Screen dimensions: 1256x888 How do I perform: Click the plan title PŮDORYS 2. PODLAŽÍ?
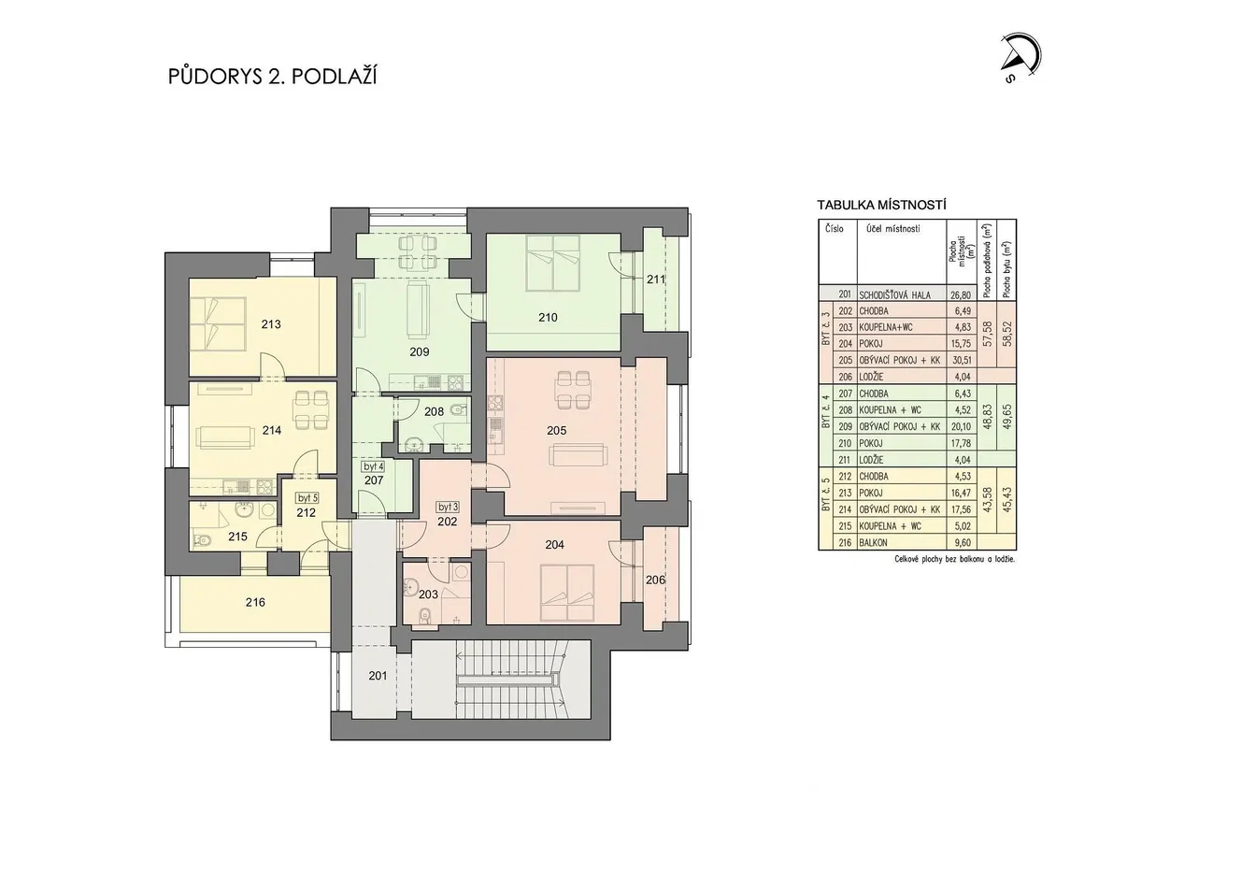tap(272, 77)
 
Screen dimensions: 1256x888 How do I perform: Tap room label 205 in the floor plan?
tap(556, 430)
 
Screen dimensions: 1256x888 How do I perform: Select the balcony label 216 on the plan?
tap(255, 603)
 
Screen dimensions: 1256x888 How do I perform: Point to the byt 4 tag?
tap(374, 466)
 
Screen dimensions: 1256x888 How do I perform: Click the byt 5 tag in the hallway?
tap(307, 497)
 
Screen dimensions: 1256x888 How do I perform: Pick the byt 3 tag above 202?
tap(448, 508)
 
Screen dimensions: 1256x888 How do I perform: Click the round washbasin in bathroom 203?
tap(410, 589)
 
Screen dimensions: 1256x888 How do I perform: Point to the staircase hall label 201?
tap(378, 676)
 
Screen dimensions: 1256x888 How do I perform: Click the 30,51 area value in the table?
tap(961, 360)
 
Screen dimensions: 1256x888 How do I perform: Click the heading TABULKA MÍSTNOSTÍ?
tap(882, 205)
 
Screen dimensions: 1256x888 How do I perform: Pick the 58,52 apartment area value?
tap(1007, 335)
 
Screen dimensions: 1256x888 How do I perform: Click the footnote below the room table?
tap(955, 559)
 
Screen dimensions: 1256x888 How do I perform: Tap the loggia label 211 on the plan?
tap(655, 279)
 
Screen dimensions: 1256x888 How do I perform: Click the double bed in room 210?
tap(553, 263)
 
